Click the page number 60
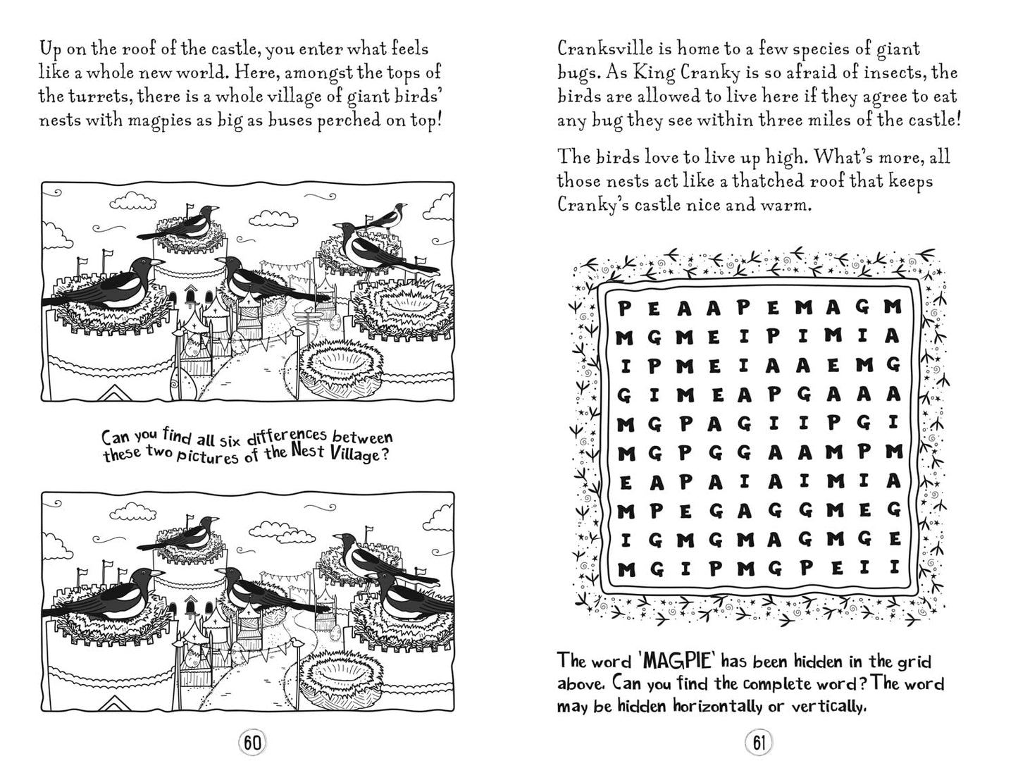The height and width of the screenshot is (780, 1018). [x=253, y=742]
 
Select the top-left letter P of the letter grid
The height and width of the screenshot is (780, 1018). [x=623, y=308]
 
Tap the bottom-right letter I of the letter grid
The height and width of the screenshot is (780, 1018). [x=894, y=566]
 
